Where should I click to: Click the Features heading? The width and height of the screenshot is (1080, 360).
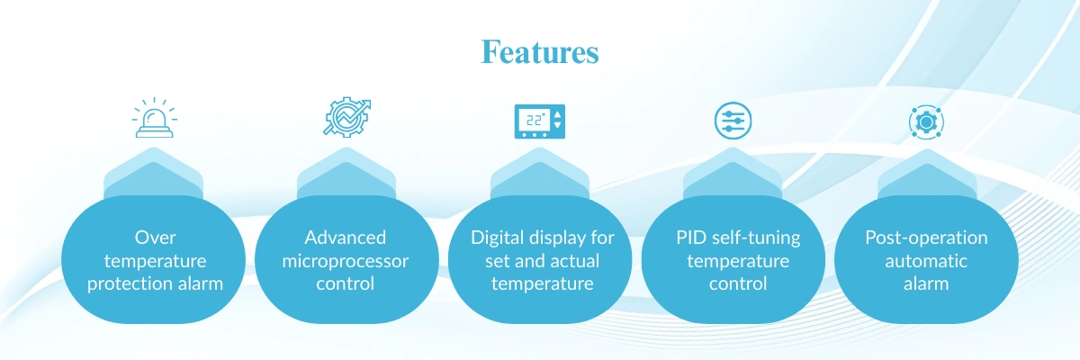(540, 52)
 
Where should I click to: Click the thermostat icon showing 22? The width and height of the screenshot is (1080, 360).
(540, 121)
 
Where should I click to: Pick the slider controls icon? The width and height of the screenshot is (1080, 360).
(732, 121)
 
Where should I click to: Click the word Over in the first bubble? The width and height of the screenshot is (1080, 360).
(154, 238)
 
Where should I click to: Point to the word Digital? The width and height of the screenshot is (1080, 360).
(499, 238)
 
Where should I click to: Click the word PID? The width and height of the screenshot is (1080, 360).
(691, 238)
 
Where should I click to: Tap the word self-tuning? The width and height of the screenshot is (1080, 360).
(753, 238)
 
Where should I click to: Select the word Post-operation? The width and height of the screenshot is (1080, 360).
(926, 238)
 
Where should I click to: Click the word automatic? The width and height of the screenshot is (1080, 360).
(926, 261)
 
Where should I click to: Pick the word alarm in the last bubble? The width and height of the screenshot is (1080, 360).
(926, 283)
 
